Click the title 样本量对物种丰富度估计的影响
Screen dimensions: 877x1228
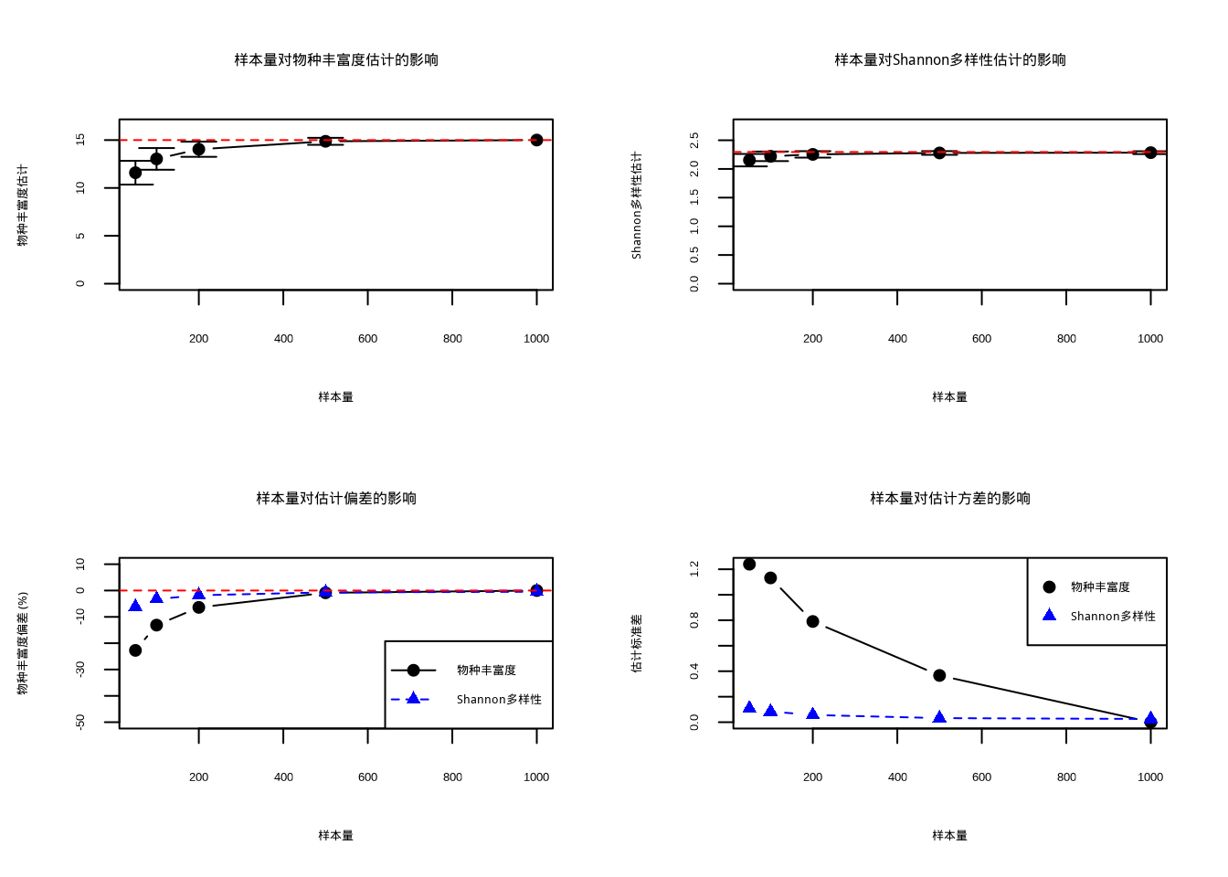pos(336,60)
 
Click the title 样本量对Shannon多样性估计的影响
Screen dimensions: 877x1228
pos(949,60)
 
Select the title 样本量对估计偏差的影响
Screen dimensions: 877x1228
pos(336,499)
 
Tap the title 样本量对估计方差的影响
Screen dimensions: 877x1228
pos(949,499)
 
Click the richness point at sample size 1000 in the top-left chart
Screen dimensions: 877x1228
pos(536,140)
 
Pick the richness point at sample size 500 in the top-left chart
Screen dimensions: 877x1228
pos(325,141)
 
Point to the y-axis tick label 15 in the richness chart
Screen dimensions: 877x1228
pos(80,140)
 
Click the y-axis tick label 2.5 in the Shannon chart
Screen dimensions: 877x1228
pos(694,140)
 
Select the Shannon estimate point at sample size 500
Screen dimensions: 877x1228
pos(939,153)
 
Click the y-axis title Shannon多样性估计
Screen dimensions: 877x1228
pos(637,206)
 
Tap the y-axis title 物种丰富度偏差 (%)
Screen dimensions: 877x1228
pos(23,643)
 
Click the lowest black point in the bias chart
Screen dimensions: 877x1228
pos(135,650)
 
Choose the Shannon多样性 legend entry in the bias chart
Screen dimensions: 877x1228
pos(499,700)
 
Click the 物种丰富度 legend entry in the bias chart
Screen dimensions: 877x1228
pos(486,671)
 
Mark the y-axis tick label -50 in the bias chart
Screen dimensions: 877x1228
pos(80,722)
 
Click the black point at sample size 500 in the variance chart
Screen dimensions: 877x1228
pos(939,675)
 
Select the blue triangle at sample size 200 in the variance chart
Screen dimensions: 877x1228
pos(812,713)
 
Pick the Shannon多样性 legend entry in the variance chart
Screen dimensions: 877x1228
pos(1113,617)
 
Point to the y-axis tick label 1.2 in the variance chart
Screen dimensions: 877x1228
pos(694,569)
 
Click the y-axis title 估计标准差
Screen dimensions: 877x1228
pos(637,643)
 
